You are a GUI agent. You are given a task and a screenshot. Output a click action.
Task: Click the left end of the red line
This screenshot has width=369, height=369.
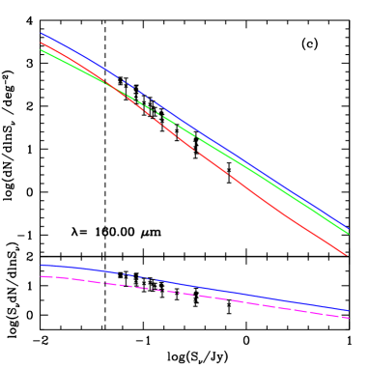tap(41, 43)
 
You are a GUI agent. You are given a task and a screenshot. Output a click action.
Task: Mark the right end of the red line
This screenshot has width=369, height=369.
tap(348, 255)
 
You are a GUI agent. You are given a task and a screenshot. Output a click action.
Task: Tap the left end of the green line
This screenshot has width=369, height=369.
tap(41, 50)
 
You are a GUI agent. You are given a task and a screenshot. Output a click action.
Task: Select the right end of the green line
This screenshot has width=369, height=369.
tap(348, 233)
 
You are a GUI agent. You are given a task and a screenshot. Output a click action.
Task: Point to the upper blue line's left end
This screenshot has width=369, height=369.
tap(41, 33)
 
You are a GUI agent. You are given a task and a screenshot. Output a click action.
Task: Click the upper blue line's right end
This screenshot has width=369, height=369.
tap(348, 228)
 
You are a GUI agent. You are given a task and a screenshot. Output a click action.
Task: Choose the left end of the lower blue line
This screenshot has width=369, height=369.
tap(41, 265)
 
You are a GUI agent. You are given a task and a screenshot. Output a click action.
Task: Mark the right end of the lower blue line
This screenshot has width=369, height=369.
tap(348, 310)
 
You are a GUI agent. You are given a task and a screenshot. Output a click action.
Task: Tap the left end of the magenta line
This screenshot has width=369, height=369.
tap(41, 276)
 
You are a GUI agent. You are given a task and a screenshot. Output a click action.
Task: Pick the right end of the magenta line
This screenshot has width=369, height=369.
tap(348, 318)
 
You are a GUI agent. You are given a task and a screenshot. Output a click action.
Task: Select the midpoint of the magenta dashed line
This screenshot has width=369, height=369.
tap(194, 296)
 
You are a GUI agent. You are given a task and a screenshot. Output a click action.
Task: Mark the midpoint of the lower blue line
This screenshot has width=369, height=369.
tap(194, 286)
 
